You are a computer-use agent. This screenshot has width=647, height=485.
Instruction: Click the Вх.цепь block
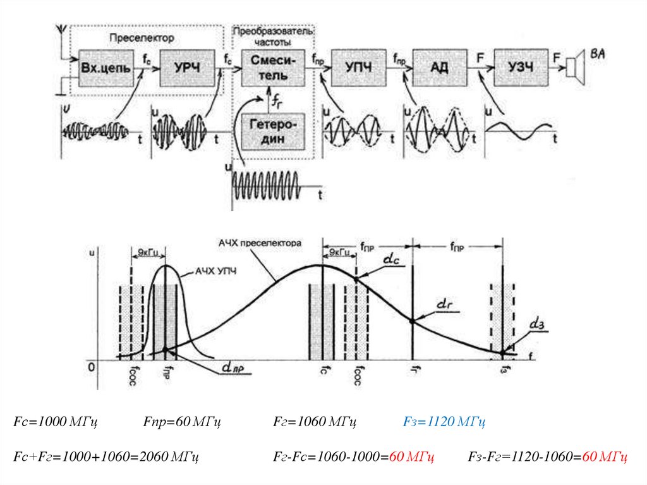pyautogui.click(x=106, y=67)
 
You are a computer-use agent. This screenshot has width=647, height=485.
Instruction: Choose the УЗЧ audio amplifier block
pyautogui.click(x=521, y=67)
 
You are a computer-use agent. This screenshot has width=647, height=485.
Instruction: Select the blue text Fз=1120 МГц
pyautogui.click(x=444, y=421)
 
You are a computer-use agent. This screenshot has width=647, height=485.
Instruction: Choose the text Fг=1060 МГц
pyautogui.click(x=316, y=421)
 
